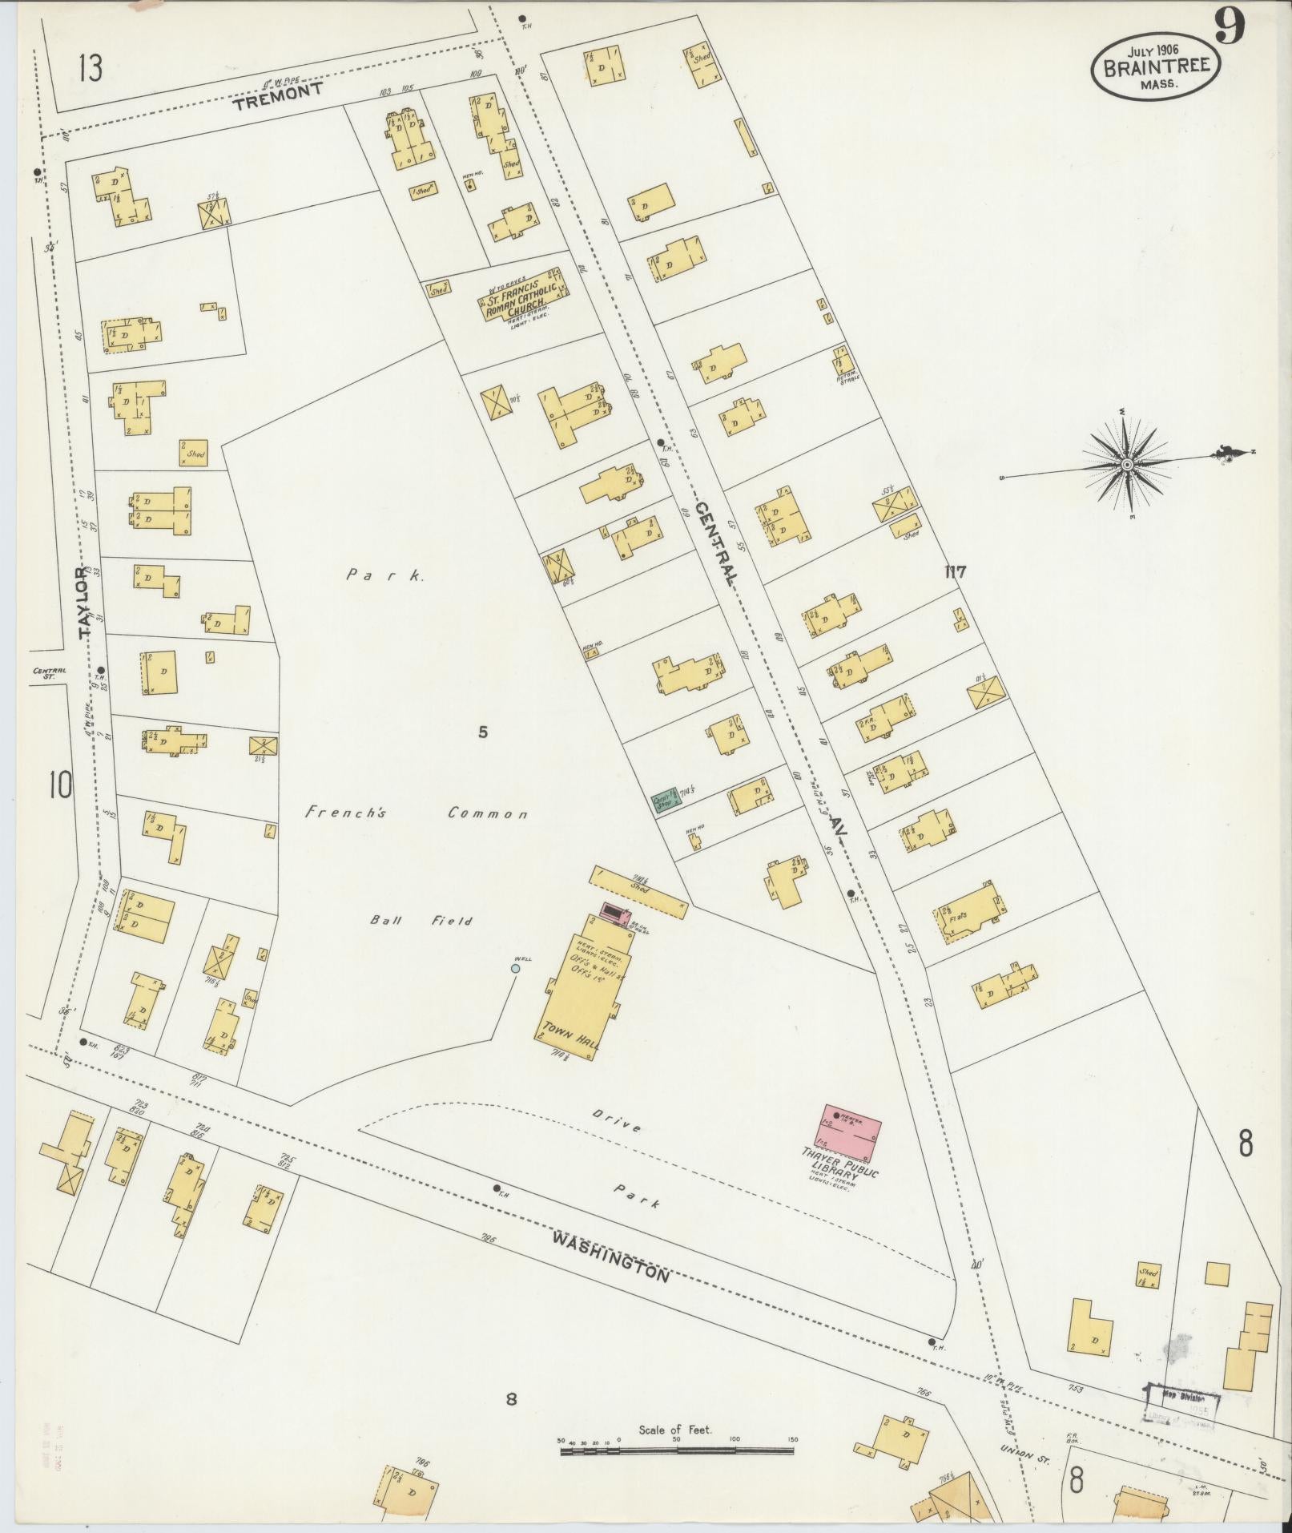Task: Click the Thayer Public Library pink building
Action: (849, 1131)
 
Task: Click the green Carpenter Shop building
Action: (666, 799)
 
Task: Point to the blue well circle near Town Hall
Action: (515, 968)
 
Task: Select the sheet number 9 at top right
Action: (1230, 28)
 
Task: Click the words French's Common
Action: (417, 813)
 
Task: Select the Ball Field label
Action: (421, 921)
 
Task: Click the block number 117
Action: (956, 572)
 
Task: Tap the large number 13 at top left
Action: (90, 69)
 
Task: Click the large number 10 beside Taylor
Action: (60, 785)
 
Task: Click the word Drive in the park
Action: (617, 1121)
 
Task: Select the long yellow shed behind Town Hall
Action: (638, 891)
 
